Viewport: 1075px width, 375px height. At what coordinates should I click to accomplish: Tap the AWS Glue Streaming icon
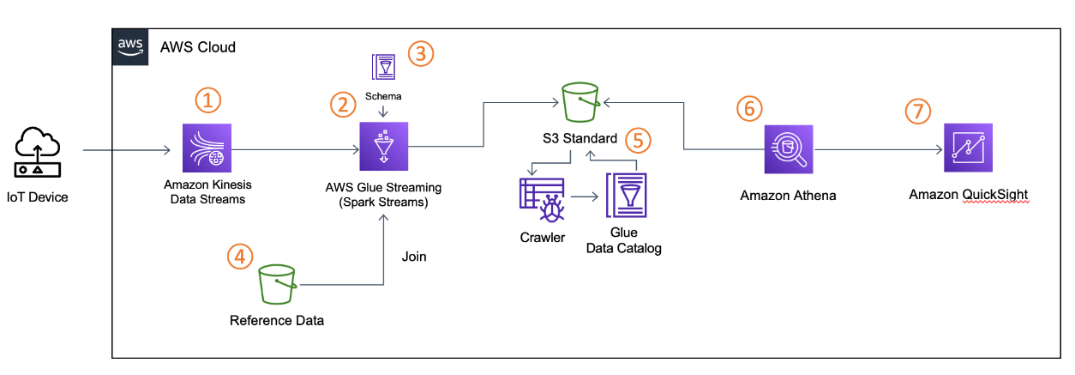pyautogui.click(x=382, y=148)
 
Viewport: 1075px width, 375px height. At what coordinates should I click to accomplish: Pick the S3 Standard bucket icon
pyautogui.click(x=581, y=103)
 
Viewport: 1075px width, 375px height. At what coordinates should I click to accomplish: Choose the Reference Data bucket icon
pyautogui.click(x=277, y=283)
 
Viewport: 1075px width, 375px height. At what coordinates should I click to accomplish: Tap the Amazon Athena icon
pyautogui.click(x=787, y=148)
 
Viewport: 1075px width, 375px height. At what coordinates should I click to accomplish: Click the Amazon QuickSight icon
pyautogui.click(x=968, y=148)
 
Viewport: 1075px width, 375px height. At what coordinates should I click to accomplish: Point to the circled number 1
pyautogui.click(x=207, y=100)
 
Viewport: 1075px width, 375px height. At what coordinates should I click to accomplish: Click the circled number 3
pyautogui.click(x=421, y=53)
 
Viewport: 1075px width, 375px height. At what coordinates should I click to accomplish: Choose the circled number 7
pyautogui.click(x=919, y=112)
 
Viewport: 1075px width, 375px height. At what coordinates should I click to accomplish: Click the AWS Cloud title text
pyautogui.click(x=197, y=46)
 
